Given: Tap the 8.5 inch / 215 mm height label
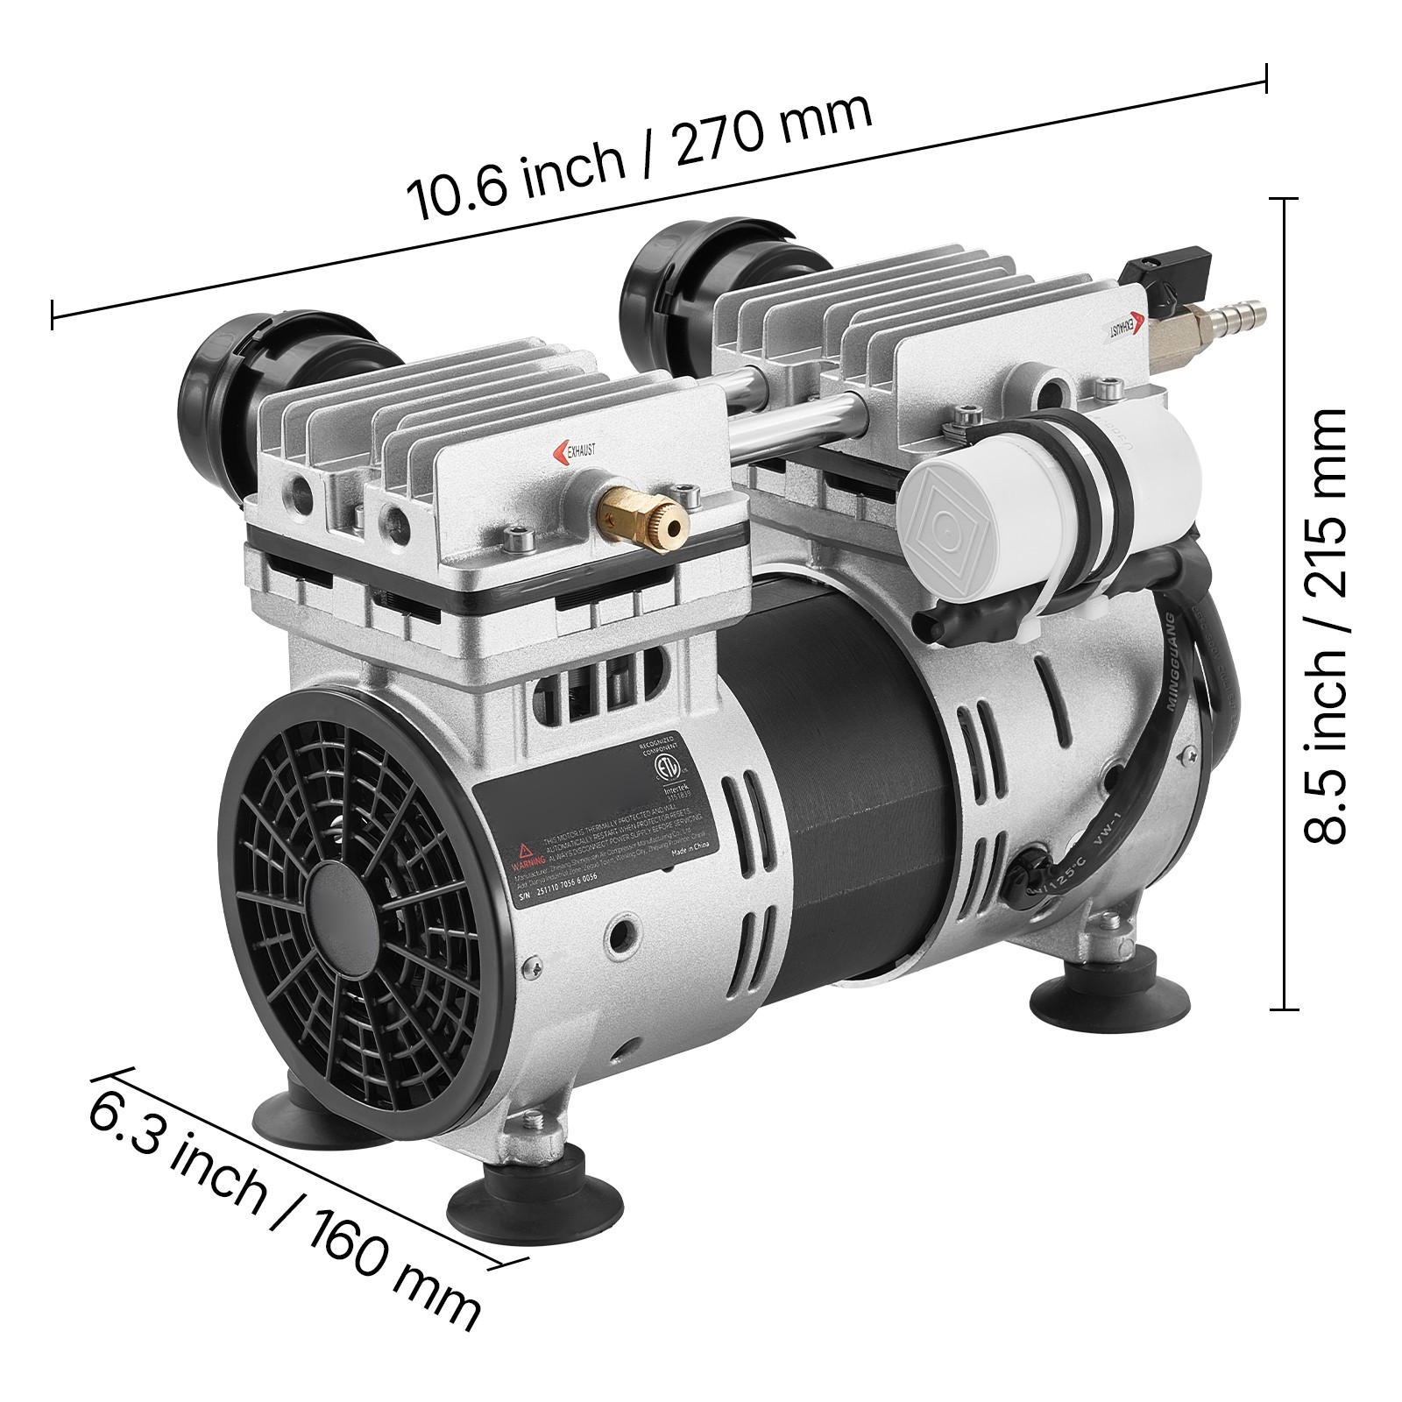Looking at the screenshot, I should [1323, 627].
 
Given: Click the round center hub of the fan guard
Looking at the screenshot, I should [335, 911].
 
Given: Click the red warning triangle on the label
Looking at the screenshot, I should [523, 851].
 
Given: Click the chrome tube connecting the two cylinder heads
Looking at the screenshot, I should [789, 421].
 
